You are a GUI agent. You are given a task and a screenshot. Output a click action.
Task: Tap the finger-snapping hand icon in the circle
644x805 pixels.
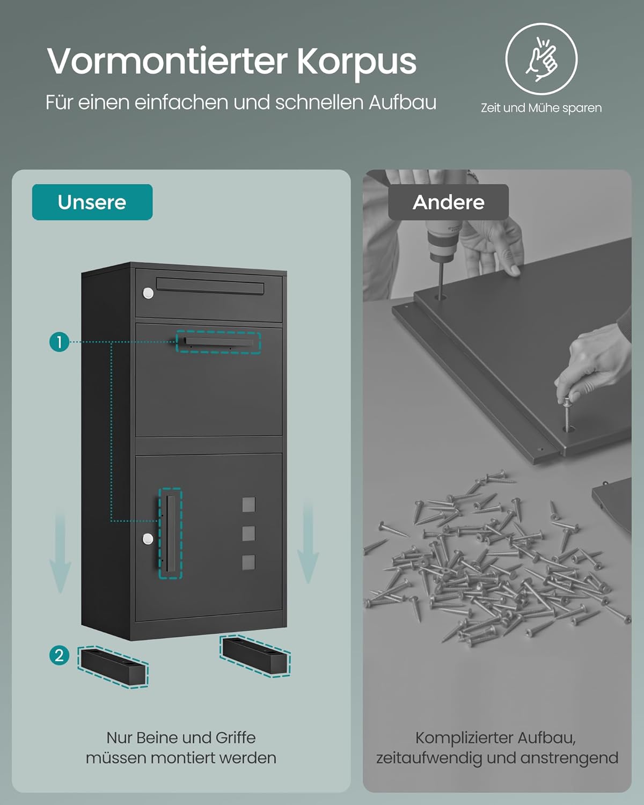click(x=541, y=59)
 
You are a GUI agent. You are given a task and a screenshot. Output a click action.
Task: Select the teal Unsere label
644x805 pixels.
click(x=92, y=202)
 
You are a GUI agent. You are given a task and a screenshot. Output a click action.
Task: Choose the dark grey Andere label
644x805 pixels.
click(x=448, y=202)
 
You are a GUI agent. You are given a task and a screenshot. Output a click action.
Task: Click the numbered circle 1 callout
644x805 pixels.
click(x=59, y=342)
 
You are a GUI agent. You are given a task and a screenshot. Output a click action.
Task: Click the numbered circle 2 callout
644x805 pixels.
click(x=59, y=656)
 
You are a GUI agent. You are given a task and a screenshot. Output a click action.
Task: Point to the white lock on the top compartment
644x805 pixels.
click(x=148, y=293)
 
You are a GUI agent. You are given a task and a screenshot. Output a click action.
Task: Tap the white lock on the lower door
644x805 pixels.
click(x=148, y=539)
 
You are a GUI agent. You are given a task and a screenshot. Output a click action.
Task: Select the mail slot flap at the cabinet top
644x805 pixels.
click(x=210, y=286)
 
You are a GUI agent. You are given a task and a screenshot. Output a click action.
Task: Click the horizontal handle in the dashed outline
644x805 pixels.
click(x=218, y=342)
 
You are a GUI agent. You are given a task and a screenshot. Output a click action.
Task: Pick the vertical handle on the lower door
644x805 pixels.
click(x=171, y=533)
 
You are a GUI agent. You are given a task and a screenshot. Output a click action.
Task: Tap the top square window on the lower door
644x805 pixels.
click(x=249, y=504)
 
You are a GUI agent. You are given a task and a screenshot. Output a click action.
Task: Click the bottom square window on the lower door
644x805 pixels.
click(x=249, y=562)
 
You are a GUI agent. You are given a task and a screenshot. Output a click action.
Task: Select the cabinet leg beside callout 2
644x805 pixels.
click(x=113, y=667)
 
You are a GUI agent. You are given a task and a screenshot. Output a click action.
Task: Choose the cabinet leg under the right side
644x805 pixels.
click(x=255, y=656)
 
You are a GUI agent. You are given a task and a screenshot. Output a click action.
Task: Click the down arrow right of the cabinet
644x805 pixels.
click(x=308, y=543)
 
